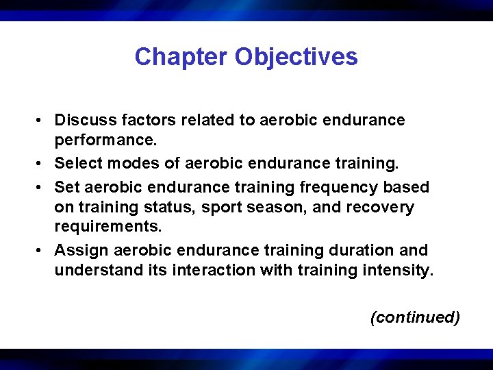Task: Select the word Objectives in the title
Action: (296, 57)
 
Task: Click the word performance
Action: (105, 142)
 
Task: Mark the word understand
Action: (94, 271)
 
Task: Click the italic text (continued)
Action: (414, 317)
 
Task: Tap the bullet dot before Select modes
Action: (42, 164)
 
